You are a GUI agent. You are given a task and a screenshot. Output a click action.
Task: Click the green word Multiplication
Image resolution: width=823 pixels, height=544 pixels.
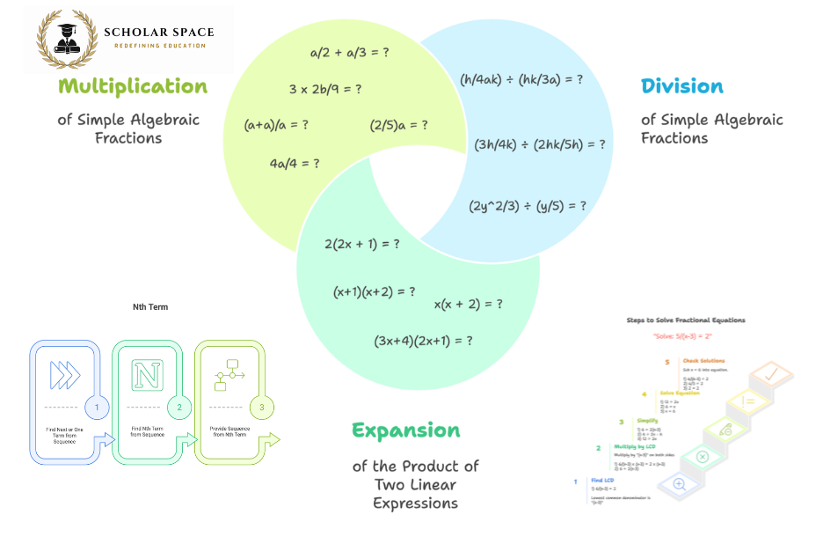tap(133, 86)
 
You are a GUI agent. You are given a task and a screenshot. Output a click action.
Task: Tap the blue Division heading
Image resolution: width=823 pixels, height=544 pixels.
tap(682, 86)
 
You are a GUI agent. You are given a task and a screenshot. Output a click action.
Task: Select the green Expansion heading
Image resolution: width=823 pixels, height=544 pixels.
tap(406, 430)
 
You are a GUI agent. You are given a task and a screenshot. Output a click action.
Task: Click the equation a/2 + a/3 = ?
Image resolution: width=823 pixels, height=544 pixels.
tap(350, 53)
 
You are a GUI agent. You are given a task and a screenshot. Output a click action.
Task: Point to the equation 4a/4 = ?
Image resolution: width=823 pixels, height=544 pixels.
tap(295, 163)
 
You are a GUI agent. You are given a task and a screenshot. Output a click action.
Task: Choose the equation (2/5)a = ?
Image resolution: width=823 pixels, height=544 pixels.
tap(399, 125)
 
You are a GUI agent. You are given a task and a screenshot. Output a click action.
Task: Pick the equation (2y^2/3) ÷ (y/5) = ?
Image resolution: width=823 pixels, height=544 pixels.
tap(528, 206)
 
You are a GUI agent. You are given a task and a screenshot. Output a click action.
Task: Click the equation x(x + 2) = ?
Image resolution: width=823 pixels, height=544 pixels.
tap(469, 304)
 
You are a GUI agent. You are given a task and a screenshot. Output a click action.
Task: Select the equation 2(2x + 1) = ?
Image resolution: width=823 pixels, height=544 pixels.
tap(362, 244)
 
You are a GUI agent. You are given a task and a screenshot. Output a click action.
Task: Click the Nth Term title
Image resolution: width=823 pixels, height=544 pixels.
tap(149, 307)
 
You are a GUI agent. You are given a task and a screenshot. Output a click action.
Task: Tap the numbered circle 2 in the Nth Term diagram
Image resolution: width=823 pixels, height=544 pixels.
tap(179, 407)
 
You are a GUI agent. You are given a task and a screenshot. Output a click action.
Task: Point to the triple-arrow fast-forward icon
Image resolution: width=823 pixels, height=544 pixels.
tap(64, 374)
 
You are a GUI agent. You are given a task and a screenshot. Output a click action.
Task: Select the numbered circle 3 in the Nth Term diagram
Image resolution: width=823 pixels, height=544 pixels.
tap(261, 407)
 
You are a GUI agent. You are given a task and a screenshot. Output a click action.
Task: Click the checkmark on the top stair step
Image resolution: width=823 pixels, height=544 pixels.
tap(771, 375)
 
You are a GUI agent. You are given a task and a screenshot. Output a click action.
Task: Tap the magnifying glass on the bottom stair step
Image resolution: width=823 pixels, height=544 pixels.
tap(679, 483)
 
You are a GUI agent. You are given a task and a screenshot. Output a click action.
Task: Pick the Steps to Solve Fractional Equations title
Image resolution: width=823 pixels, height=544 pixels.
tap(686, 320)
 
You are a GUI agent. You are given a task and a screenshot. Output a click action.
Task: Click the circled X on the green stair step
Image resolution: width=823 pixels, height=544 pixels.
tap(703, 456)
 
